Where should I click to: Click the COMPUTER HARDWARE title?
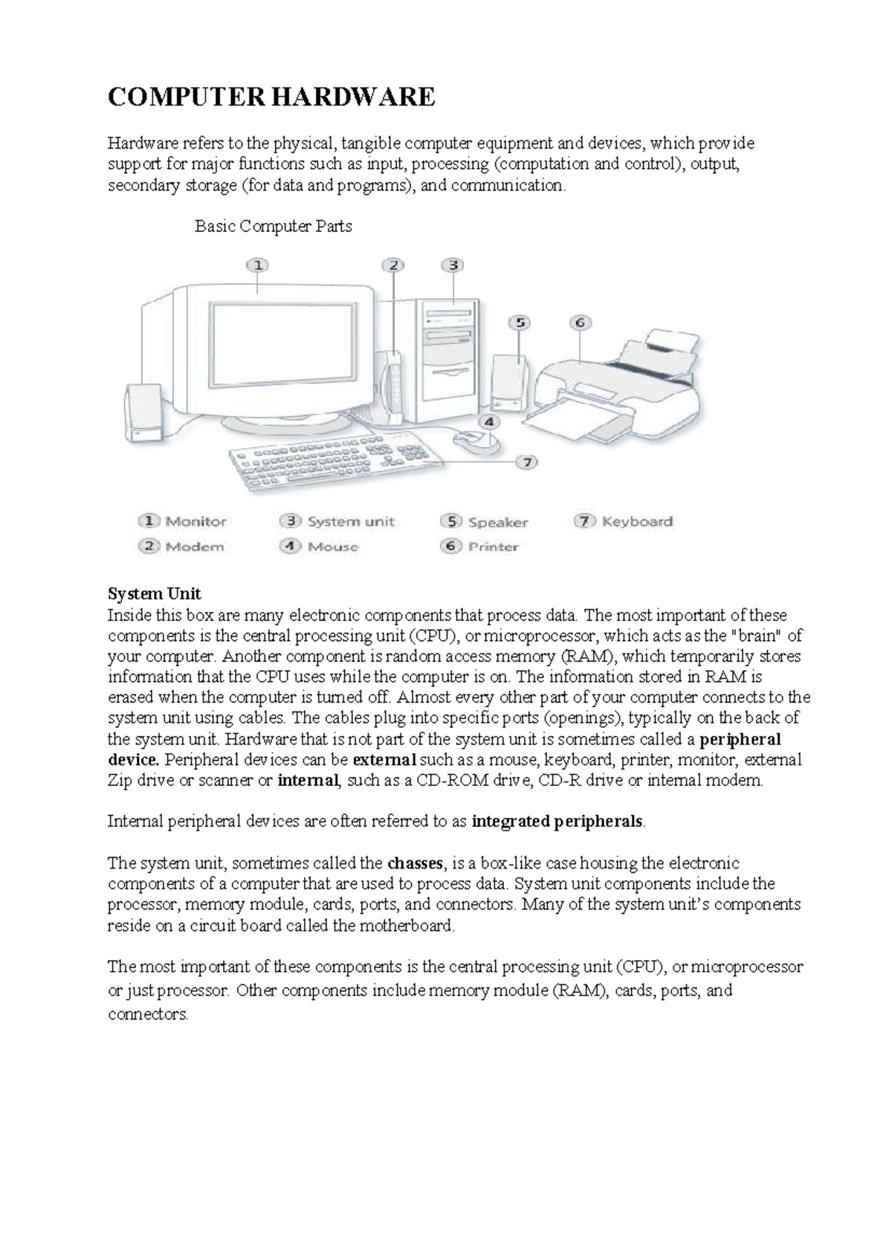point(271,97)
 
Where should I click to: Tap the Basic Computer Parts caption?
point(273,226)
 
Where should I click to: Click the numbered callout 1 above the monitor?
point(257,265)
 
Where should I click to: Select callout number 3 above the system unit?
point(453,265)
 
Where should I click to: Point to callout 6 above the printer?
point(580,322)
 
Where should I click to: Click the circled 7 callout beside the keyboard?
point(526,462)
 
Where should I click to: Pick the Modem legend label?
point(195,547)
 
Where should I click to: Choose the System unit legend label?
point(351,522)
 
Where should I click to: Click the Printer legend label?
point(493,547)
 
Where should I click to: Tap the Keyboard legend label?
point(637,522)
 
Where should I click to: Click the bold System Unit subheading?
point(155,594)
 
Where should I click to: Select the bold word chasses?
point(415,863)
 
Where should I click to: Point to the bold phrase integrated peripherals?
point(558,822)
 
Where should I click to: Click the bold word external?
point(384,760)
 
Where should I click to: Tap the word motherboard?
point(406,926)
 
